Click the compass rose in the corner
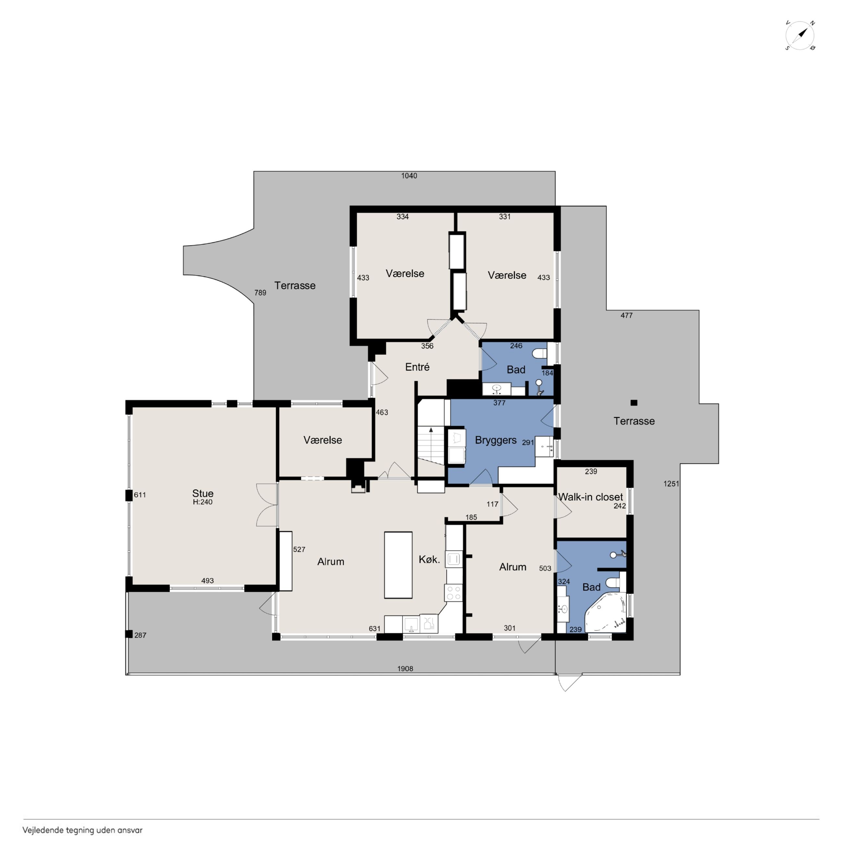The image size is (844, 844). [800, 35]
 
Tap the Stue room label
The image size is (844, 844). [203, 493]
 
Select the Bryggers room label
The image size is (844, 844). [495, 441]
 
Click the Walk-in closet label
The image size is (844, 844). [590, 497]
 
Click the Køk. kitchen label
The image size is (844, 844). [429, 560]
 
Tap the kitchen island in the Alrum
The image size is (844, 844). [398, 565]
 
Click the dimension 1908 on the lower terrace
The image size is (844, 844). [405, 668]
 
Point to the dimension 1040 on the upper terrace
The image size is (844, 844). [409, 176]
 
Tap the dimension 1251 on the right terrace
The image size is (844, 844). [671, 484]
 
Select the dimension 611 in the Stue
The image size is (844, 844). [140, 495]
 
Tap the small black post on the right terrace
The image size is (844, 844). [634, 403]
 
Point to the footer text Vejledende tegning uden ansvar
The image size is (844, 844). [82, 830]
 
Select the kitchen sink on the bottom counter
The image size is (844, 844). [411, 624]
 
